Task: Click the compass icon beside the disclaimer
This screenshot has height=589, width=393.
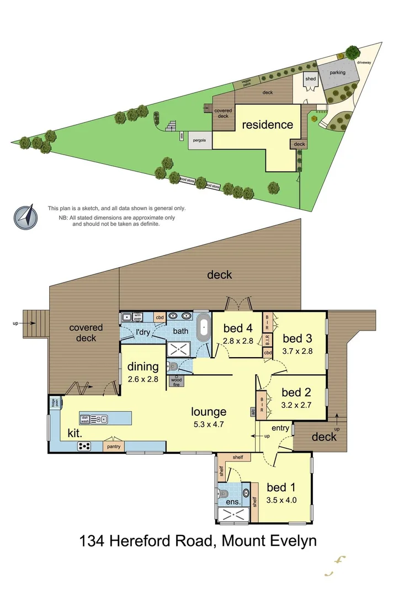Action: [x=26, y=216]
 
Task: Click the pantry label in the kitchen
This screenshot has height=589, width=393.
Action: [x=114, y=446]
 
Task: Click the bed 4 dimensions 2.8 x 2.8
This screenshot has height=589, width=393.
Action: [x=237, y=341]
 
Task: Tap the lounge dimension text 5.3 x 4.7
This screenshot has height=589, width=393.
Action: [x=209, y=424]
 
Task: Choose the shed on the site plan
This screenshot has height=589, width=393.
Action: [x=311, y=79]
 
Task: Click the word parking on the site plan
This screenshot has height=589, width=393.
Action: [x=337, y=72]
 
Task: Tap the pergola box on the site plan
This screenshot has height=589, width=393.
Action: [x=200, y=141]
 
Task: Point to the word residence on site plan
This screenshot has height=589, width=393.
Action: [x=268, y=125]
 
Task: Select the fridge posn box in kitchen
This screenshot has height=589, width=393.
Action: [x=54, y=402]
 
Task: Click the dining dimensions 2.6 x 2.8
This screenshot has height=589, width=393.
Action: [x=143, y=379]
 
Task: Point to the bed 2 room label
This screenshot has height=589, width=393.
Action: [x=297, y=392]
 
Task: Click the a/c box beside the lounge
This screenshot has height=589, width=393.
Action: [x=253, y=412]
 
